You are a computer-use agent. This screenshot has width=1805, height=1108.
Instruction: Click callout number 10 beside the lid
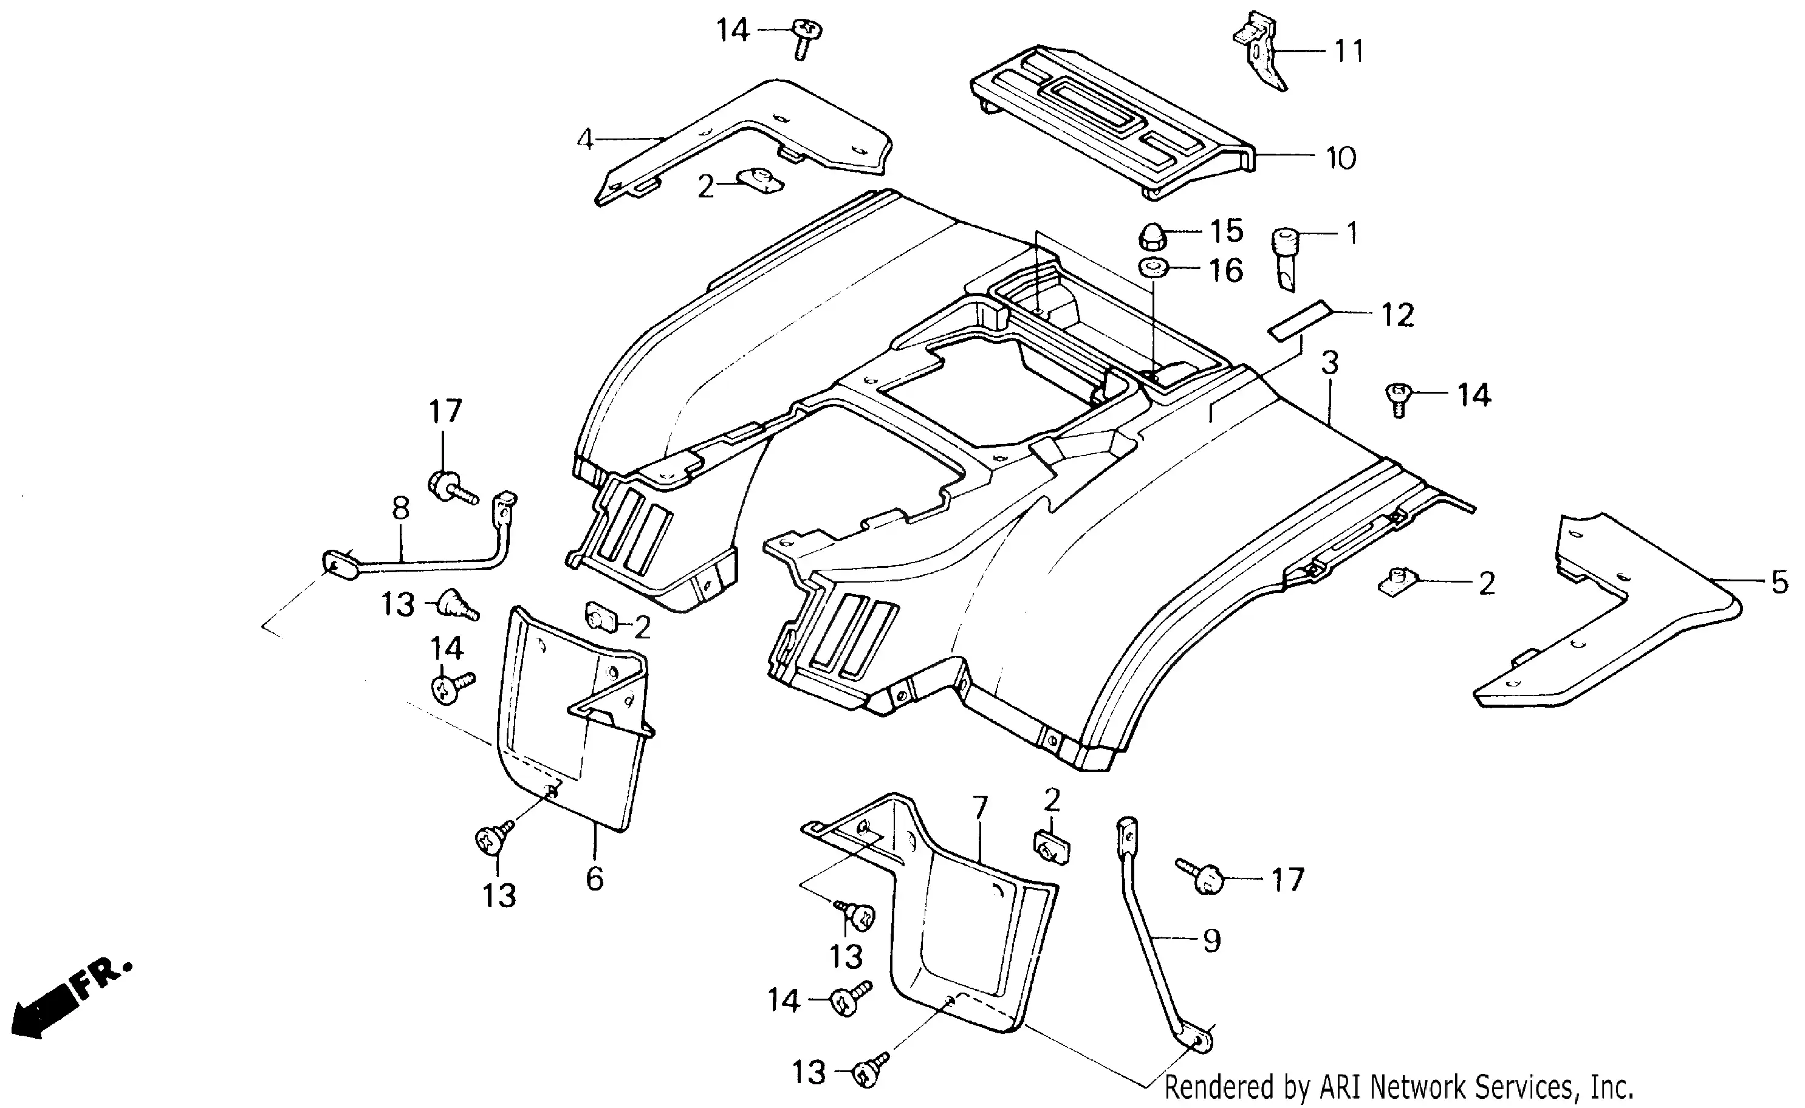click(1341, 159)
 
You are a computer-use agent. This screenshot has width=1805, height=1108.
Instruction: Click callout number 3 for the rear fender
click(1330, 363)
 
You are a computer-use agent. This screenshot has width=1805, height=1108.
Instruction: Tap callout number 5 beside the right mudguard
click(1779, 582)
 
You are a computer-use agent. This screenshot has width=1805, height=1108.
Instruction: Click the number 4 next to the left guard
click(584, 139)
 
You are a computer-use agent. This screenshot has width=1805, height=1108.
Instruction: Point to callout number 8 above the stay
click(400, 508)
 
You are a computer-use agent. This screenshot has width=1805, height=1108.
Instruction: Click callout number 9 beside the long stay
click(1212, 940)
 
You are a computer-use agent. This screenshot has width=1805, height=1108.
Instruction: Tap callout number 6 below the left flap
click(594, 878)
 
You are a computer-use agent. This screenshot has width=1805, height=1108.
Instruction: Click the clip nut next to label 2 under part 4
click(762, 180)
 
